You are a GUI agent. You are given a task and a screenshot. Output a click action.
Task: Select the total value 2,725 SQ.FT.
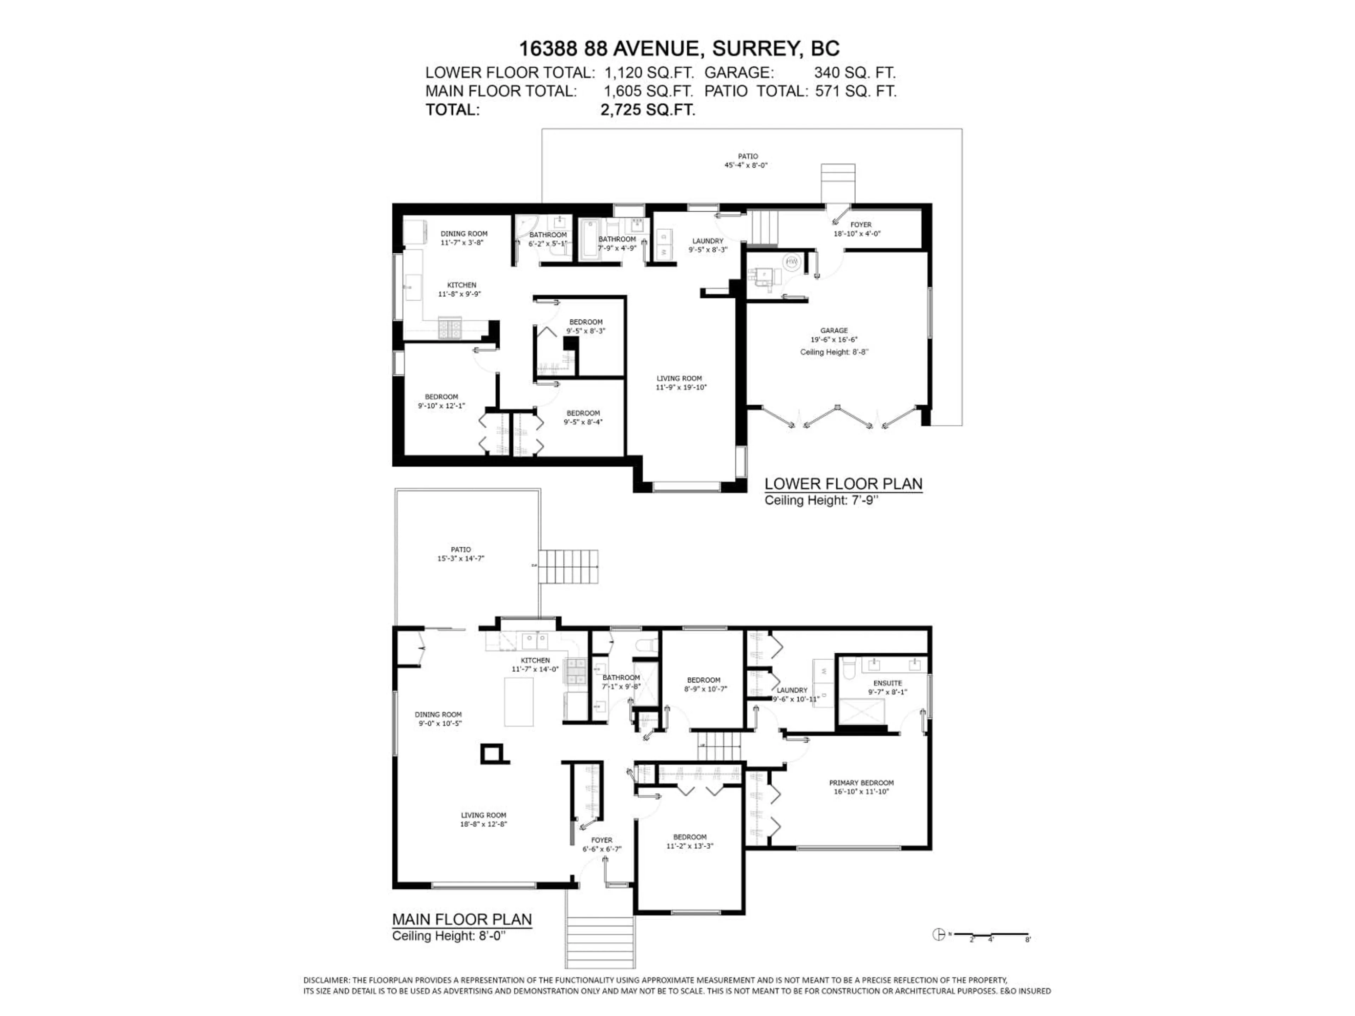coord(648,110)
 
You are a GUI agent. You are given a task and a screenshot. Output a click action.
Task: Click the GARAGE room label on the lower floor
coord(834,331)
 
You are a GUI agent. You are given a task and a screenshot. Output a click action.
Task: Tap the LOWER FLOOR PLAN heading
coord(843,484)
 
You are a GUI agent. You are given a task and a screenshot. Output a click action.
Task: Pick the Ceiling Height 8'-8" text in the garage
coord(834,352)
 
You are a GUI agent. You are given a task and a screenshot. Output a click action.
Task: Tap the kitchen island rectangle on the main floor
coord(518,701)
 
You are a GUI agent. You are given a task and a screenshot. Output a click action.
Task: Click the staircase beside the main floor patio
coord(568,567)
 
